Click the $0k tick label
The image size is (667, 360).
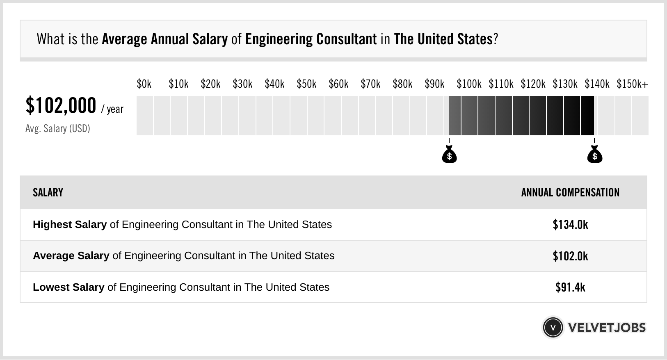click(144, 84)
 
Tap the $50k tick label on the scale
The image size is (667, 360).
click(306, 84)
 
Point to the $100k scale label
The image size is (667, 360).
click(469, 84)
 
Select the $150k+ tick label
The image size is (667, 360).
click(632, 84)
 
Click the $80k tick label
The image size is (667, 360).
click(402, 84)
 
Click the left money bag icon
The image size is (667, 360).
click(449, 155)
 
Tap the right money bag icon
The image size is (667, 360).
click(594, 155)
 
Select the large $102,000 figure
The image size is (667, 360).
click(61, 106)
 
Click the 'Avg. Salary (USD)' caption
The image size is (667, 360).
click(58, 129)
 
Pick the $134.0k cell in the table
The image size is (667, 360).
click(570, 225)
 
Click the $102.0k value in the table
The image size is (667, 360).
click(570, 256)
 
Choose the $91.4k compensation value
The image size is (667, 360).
click(570, 287)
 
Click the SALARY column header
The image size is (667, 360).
click(48, 193)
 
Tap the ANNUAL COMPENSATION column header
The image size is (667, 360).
click(570, 193)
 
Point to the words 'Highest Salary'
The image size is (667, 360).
click(70, 225)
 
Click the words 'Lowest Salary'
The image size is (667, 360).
click(69, 287)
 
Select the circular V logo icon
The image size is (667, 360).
click(553, 328)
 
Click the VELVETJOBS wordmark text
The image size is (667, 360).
click(607, 328)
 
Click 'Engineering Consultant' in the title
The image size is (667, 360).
click(311, 39)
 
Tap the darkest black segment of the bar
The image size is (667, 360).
click(587, 116)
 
